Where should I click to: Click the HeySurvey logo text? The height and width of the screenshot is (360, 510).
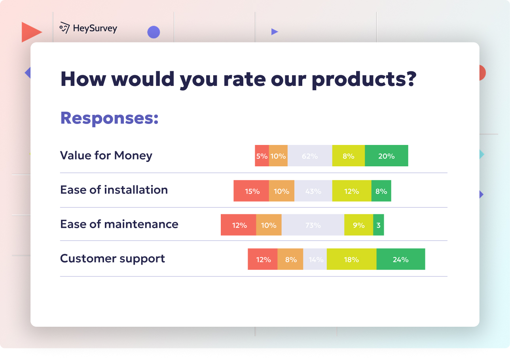[x=95, y=28]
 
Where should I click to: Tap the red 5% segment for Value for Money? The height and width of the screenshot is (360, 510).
[x=262, y=156]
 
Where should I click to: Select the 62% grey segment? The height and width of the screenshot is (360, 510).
[x=310, y=156]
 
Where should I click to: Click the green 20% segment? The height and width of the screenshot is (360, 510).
[x=386, y=156]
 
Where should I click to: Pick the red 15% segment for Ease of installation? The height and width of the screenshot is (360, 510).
[x=251, y=191]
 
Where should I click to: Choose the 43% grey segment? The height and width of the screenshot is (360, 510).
[x=313, y=191]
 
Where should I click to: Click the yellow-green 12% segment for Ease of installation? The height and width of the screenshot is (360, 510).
[x=351, y=191]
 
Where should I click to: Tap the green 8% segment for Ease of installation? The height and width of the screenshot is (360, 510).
[x=381, y=191]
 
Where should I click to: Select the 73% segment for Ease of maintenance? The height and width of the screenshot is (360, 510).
[x=313, y=225]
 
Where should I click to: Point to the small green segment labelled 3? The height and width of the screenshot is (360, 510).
[x=378, y=225]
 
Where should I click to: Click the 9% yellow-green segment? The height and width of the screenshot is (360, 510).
[x=358, y=225]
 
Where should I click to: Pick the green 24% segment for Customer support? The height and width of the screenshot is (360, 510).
[x=400, y=259]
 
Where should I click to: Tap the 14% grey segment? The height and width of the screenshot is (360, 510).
[x=315, y=259]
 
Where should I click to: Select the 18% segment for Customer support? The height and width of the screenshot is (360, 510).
[x=351, y=259]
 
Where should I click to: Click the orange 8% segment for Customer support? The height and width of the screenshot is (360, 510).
[x=290, y=259]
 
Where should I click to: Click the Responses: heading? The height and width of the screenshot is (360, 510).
[x=109, y=118]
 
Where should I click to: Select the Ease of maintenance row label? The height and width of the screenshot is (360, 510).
[x=119, y=224]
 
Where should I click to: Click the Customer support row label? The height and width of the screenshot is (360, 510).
[x=112, y=259]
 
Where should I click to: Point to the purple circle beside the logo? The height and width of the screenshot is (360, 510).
[x=154, y=32]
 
